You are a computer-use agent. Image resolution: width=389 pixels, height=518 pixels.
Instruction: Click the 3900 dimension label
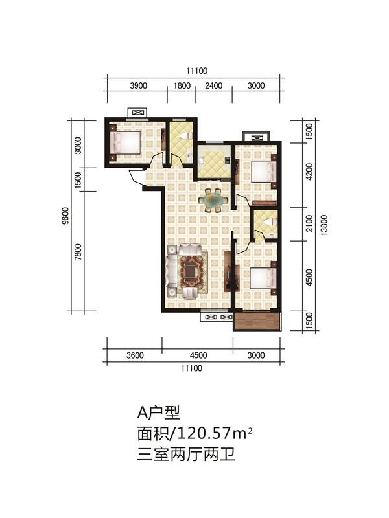point(138,86)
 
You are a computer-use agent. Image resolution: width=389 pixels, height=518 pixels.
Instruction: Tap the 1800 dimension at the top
point(182,86)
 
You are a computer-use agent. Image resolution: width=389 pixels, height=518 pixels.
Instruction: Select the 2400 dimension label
point(213,86)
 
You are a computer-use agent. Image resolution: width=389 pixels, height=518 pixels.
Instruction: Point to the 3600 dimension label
point(135,355)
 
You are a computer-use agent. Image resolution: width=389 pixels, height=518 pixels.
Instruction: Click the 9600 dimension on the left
point(65,216)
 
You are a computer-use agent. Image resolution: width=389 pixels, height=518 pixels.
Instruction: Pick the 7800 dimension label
point(78,252)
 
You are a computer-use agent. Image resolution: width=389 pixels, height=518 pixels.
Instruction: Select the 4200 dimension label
point(309,172)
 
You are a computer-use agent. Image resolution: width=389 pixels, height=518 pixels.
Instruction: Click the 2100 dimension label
point(309,223)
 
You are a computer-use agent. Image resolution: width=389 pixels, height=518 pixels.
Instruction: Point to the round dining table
point(213,200)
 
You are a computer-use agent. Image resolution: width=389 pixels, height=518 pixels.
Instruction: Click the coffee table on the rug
point(191,272)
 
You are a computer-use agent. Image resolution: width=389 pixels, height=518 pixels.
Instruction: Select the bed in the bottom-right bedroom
point(264,278)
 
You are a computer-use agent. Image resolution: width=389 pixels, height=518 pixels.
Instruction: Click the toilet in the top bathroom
point(185,136)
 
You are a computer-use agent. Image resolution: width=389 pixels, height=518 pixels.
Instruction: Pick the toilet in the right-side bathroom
point(270,221)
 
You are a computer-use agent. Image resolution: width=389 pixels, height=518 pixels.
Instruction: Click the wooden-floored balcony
point(257,321)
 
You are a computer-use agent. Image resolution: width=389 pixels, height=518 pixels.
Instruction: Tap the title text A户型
point(159,412)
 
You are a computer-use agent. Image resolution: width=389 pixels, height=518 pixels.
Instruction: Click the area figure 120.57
point(204,433)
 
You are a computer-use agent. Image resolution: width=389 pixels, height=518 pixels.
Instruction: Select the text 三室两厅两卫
point(187,455)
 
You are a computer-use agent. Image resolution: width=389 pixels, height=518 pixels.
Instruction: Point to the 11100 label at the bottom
point(191,368)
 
